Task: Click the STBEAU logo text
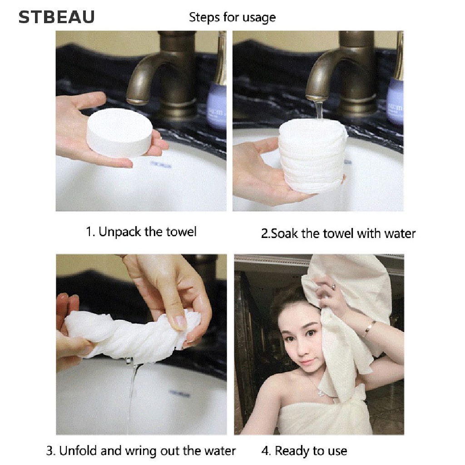click(x=57, y=17)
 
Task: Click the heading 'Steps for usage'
click(x=232, y=18)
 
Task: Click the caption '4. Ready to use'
click(x=304, y=451)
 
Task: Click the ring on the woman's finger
click(x=333, y=287)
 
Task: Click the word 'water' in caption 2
click(x=400, y=233)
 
